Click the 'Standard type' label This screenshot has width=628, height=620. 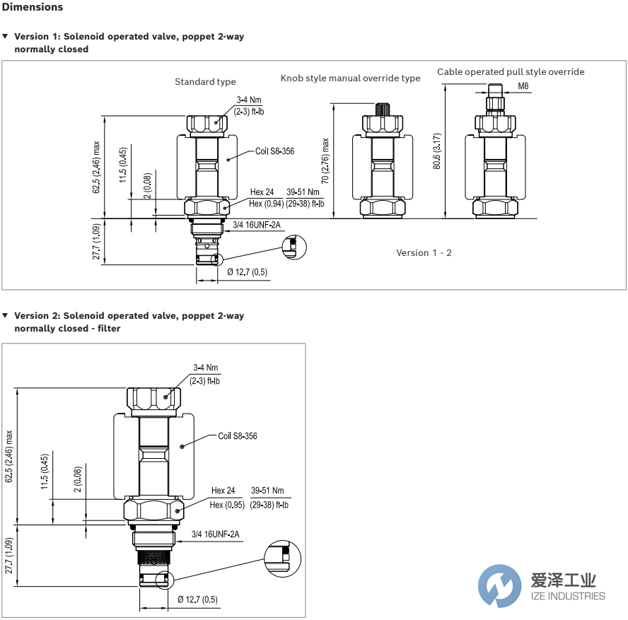[x=205, y=82]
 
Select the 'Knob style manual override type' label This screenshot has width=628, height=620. [x=350, y=78]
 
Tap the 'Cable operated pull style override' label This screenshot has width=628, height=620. [x=511, y=72]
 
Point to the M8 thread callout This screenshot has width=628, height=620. [x=523, y=86]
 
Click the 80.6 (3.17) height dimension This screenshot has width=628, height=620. [x=437, y=151]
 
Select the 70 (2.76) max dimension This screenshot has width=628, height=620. [x=325, y=160]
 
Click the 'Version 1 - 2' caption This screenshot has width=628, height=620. [x=424, y=253]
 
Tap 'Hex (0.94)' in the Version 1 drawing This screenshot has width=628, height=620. [x=266, y=204]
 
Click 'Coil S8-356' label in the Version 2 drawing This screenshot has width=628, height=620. [x=237, y=436]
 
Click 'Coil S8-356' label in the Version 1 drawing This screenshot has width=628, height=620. [x=274, y=151]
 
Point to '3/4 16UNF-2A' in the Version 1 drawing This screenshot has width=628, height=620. [x=257, y=226]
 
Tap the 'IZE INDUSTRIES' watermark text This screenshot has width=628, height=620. [x=567, y=596]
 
